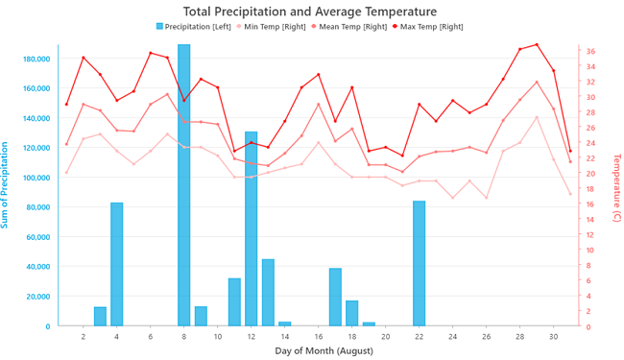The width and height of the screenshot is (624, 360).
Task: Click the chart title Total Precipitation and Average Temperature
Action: pos(312,11)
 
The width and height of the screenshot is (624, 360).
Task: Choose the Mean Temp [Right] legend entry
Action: pos(348,27)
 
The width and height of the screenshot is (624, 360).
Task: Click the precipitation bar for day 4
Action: pos(116,264)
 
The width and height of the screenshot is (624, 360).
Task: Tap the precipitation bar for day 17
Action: pos(335,297)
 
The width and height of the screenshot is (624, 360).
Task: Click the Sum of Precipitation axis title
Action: pos(8,185)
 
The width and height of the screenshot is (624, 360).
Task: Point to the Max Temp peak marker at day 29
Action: pos(537,44)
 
